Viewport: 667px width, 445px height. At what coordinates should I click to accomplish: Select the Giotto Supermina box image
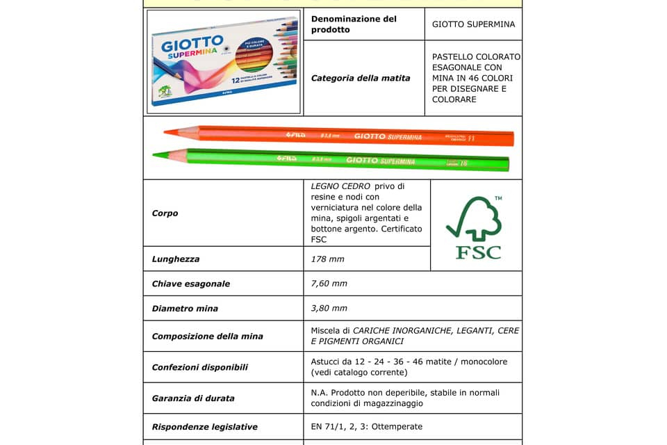[224, 62]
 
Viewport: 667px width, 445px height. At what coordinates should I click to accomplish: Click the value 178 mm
[327, 259]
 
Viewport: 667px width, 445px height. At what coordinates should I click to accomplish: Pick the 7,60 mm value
[329, 284]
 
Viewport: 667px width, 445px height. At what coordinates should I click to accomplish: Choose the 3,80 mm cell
[329, 308]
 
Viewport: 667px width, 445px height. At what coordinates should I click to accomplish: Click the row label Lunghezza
[176, 259]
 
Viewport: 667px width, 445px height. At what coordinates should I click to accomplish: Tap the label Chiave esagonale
[190, 284]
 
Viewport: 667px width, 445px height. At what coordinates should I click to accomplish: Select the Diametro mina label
[185, 308]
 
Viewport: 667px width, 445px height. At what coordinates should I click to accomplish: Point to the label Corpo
[165, 213]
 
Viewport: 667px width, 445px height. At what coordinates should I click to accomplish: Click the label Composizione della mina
[207, 337]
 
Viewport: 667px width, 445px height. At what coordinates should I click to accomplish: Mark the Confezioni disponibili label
[199, 367]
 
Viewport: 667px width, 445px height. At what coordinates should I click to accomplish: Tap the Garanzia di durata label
[192, 398]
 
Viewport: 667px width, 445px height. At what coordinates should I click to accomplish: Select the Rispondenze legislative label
[204, 427]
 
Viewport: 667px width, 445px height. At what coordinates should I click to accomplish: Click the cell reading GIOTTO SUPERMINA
[473, 24]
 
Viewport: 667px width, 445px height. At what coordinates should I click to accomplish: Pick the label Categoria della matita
[361, 78]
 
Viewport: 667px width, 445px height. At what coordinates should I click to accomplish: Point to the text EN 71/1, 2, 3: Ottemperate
[366, 426]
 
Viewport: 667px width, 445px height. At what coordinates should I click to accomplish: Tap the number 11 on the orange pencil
[471, 138]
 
